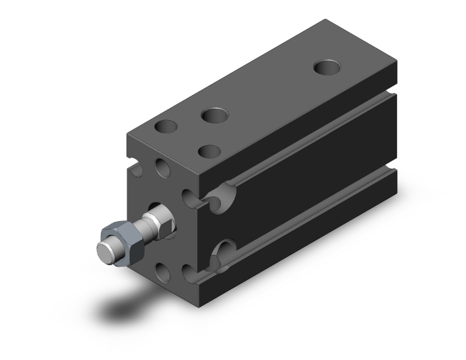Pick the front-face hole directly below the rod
pyautogui.click(x=162, y=271)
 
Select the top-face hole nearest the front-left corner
pyautogui.click(x=166, y=126)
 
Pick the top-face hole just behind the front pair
pyautogui.click(x=214, y=115)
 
